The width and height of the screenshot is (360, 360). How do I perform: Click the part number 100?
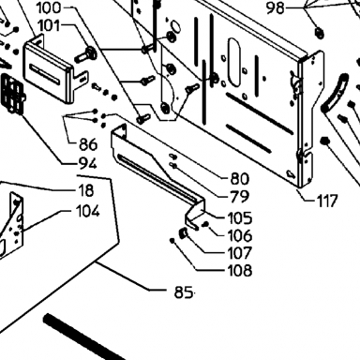click(x=49, y=7)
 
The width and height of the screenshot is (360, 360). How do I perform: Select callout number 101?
click(x=49, y=25)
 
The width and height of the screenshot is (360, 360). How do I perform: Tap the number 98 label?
click(x=276, y=8)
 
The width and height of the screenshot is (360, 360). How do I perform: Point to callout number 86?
click(x=88, y=144)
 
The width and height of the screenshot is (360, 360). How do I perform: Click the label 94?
click(x=88, y=163)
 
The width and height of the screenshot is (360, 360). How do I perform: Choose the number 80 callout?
click(x=240, y=179)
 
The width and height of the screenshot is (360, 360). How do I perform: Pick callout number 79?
click(x=240, y=197)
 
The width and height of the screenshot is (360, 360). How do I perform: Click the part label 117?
click(x=327, y=201)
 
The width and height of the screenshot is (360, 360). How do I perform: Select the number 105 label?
click(x=240, y=217)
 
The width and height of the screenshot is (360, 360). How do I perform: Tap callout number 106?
click(x=240, y=235)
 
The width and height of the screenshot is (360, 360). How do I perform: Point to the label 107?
click(x=240, y=253)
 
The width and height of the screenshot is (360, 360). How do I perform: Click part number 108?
click(x=240, y=270)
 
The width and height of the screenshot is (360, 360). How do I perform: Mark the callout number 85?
click(x=184, y=292)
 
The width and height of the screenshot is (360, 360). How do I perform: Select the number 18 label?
click(x=85, y=190)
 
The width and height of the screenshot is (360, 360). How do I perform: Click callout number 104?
click(x=88, y=212)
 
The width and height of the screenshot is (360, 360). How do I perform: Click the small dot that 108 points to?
click(x=172, y=240)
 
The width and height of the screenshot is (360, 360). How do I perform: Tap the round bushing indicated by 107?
click(x=184, y=233)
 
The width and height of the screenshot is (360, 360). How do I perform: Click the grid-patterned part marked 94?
click(x=12, y=94)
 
